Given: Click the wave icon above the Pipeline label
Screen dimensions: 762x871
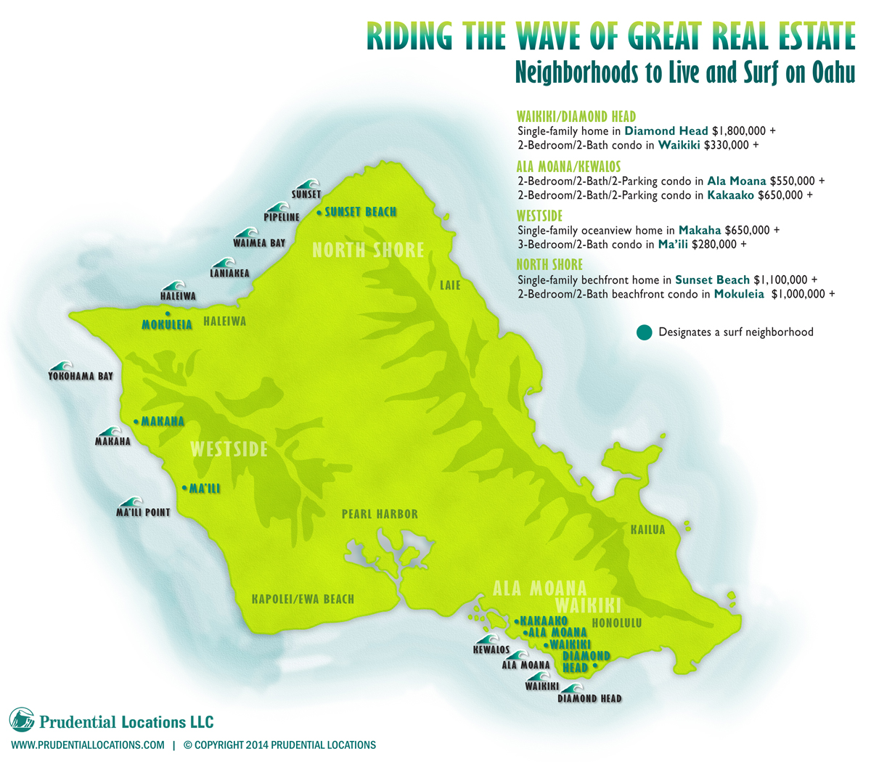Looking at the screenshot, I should (x=277, y=207).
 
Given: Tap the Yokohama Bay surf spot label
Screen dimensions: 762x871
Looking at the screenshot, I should (x=81, y=377).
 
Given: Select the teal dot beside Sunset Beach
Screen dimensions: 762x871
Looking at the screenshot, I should (x=320, y=213).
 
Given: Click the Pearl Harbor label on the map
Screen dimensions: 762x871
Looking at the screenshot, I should (x=380, y=514).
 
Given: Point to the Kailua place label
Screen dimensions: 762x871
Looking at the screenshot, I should (x=647, y=530).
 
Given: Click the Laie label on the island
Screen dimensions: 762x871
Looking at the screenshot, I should (x=450, y=285).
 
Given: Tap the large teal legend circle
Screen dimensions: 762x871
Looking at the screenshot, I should (x=643, y=332).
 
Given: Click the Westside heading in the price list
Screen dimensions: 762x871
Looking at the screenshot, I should (x=539, y=216).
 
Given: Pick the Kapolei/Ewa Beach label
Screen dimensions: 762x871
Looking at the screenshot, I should (x=303, y=599).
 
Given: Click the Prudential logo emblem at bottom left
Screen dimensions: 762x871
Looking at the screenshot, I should (x=22, y=720).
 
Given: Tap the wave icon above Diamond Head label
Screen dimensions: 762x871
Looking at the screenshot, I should (x=574, y=689).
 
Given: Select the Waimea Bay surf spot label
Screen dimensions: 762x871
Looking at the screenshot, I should (x=259, y=243).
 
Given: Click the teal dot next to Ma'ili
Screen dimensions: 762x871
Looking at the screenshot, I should (x=184, y=488).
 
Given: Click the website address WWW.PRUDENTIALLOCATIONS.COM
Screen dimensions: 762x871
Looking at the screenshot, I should (x=87, y=745).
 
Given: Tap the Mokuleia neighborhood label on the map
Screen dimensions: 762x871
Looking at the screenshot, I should (x=167, y=324).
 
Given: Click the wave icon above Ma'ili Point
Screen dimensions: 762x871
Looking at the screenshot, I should (x=132, y=502).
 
